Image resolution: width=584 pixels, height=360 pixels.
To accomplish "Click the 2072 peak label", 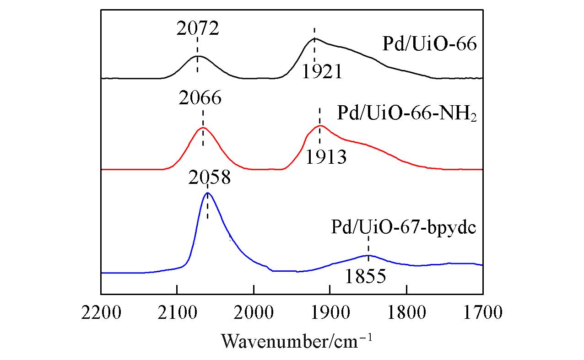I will (x=198, y=28).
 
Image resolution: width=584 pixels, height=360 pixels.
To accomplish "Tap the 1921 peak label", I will (x=322, y=71).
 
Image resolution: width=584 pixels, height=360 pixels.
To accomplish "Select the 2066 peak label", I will (x=201, y=98).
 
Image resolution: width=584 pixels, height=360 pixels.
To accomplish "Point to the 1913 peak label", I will (x=326, y=157).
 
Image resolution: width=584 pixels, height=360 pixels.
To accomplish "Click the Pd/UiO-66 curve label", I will (x=429, y=44).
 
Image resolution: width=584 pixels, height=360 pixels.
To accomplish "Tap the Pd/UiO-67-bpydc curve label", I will (x=404, y=227).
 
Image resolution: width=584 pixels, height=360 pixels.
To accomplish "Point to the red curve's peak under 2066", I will (x=203, y=128).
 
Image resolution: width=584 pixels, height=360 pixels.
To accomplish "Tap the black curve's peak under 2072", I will (x=197, y=56).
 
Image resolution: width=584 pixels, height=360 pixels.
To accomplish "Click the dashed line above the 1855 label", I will (x=368, y=244).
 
